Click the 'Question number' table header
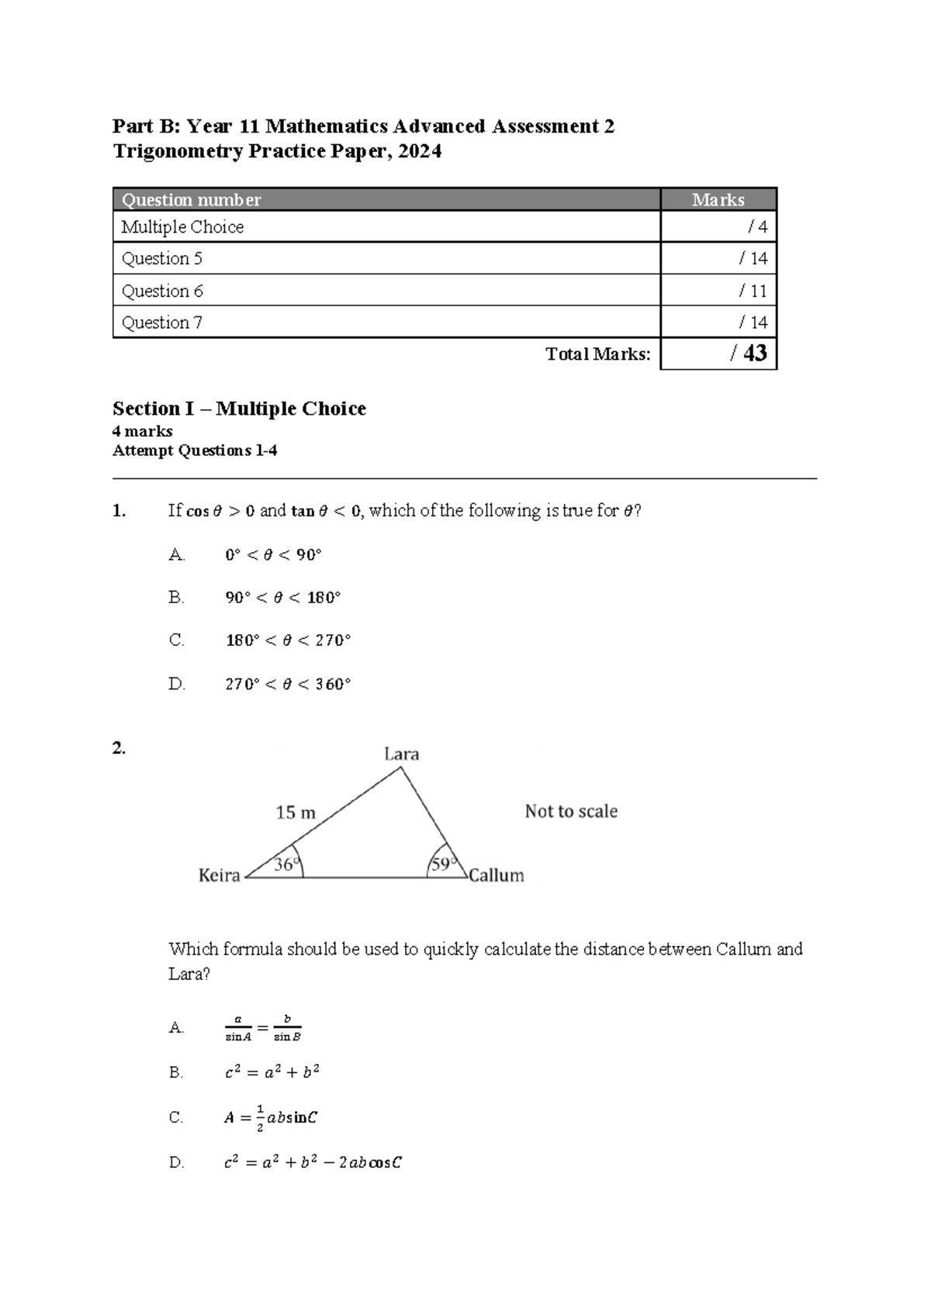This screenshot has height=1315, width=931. click(x=191, y=200)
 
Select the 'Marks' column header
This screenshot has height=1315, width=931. click(x=718, y=200)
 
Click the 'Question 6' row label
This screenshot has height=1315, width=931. click(x=162, y=291)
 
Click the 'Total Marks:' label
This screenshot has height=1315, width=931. click(x=597, y=354)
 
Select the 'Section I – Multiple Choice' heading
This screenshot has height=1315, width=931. click(x=239, y=409)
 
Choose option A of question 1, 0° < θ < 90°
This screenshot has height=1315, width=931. click(x=273, y=555)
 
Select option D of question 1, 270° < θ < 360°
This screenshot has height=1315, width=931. click(x=288, y=685)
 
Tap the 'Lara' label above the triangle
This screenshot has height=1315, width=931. click(x=401, y=754)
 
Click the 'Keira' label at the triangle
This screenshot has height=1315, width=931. click(x=220, y=875)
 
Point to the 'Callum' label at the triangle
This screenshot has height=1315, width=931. click(x=497, y=875)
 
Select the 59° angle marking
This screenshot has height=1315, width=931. click(x=441, y=864)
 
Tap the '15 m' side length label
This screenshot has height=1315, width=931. click(x=296, y=813)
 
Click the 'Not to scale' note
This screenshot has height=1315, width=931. click(x=571, y=811)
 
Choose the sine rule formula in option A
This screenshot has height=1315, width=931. click(x=262, y=1028)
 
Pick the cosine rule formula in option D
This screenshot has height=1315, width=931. click(x=312, y=1162)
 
